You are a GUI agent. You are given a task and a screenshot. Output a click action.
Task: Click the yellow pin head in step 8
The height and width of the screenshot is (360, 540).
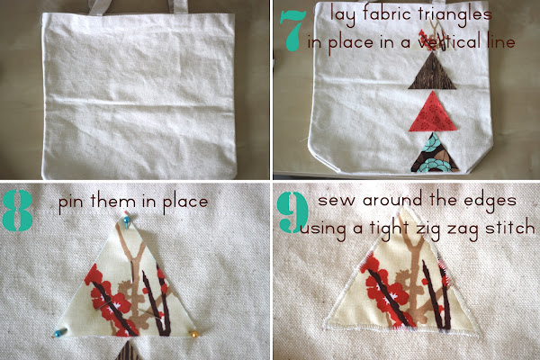click(x=192, y=334)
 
